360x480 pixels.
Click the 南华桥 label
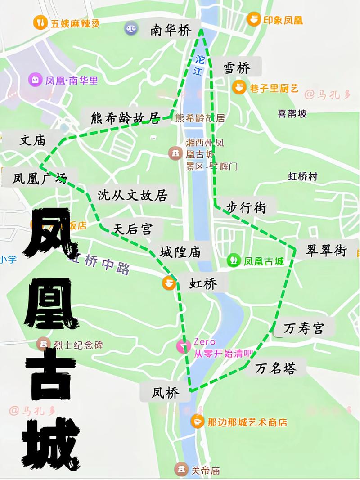pyautogui.click(x=171, y=31)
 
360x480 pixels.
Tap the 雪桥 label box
pyautogui.click(x=237, y=68)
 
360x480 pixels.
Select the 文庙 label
pyautogui.click(x=32, y=140)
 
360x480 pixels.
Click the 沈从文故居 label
pyautogui.click(x=133, y=195)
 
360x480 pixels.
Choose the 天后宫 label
pyautogui.click(x=133, y=229)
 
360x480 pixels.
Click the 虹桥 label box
pyautogui.click(x=203, y=284)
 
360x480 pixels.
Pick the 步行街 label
pyautogui.click(x=246, y=207)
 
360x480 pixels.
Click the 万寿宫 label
pyautogui.click(x=304, y=328)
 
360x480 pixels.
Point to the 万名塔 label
pyautogui.click(x=276, y=368)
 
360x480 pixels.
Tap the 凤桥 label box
pyautogui.click(x=166, y=393)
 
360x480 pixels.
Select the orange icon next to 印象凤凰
pyautogui.click(x=254, y=19)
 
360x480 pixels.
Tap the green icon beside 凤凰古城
pyautogui.click(x=234, y=260)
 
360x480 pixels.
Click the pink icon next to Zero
pyautogui.click(x=184, y=346)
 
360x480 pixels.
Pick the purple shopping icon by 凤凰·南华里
pyautogui.click(x=35, y=81)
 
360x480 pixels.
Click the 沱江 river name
pyautogui.click(x=199, y=65)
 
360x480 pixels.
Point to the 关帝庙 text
pyautogui.click(x=206, y=471)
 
